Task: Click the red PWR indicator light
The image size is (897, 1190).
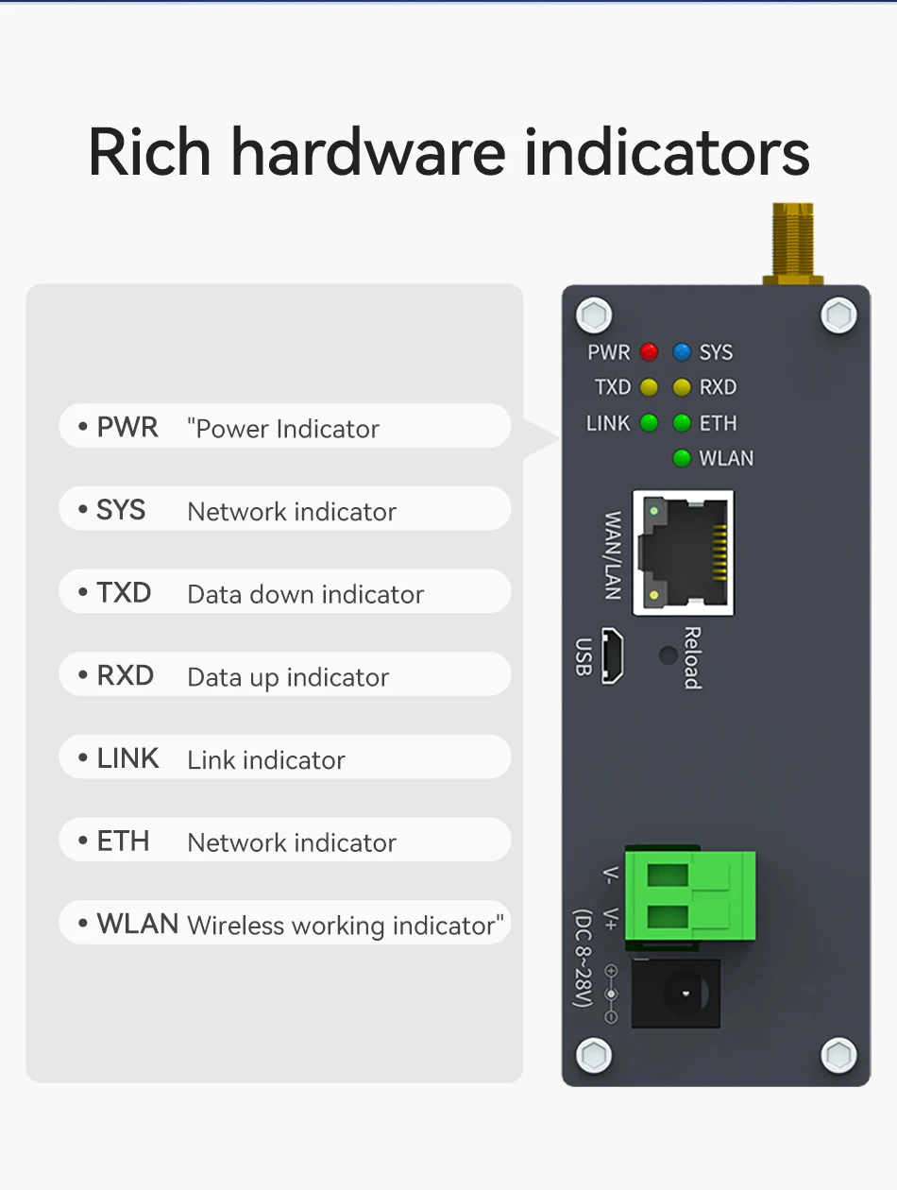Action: (649, 352)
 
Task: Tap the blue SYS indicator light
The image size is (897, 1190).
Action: (682, 352)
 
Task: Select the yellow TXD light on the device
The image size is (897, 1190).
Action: (649, 387)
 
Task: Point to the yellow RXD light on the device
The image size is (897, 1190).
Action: (682, 387)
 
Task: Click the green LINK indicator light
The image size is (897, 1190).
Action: (649, 423)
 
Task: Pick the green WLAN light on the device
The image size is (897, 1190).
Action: (682, 459)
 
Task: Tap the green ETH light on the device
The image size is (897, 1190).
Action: (682, 423)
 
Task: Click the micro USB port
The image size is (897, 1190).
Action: (612, 656)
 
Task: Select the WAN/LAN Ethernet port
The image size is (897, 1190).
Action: (683, 553)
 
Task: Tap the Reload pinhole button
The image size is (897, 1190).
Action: (669, 654)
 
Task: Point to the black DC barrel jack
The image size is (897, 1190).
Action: (675, 994)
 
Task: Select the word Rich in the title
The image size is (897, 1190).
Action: (149, 151)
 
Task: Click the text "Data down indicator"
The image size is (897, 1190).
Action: (305, 595)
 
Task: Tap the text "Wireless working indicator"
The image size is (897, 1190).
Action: (345, 926)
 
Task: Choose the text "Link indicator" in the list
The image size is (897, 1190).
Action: (266, 760)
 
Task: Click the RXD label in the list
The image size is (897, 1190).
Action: (125, 676)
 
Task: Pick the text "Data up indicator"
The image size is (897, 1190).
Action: (288, 678)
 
